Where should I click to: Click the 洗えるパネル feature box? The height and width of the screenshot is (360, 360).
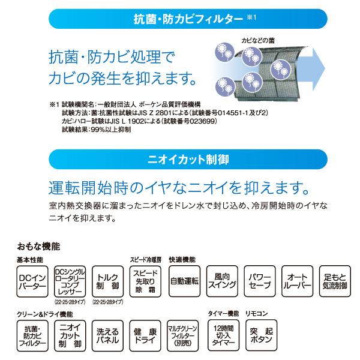click(109, 335)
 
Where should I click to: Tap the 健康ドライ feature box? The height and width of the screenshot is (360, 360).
click(146, 335)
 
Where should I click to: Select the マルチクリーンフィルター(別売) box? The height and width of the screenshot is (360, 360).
click(184, 335)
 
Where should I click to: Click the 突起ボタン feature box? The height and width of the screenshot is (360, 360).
click(261, 335)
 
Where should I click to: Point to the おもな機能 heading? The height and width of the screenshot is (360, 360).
click(38, 246)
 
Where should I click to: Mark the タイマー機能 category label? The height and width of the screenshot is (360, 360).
click(223, 314)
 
